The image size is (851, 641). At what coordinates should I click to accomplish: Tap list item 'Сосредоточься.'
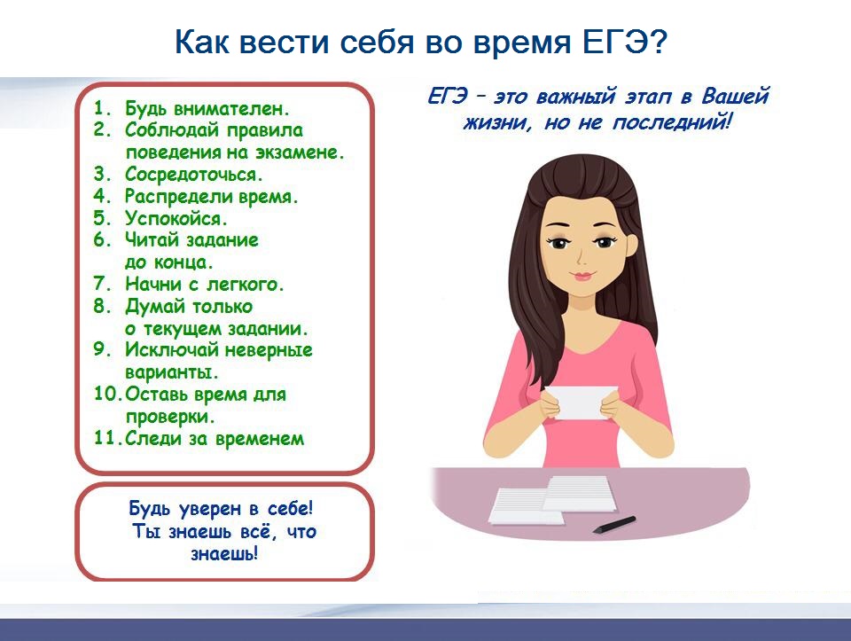pyautogui.click(x=194, y=175)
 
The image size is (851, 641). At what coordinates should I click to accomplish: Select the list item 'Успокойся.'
pyautogui.click(x=176, y=218)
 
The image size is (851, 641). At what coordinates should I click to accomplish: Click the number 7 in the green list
pyautogui.click(x=102, y=284)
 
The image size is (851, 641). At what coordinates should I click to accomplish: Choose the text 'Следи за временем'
pyautogui.click(x=215, y=438)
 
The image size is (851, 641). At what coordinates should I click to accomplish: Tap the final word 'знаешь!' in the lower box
pyautogui.click(x=224, y=553)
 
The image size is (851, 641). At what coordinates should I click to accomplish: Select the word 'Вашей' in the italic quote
pyautogui.click(x=736, y=96)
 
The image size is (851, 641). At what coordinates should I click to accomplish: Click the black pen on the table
pyautogui.click(x=613, y=525)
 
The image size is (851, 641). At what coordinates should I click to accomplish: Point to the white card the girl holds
pyautogui.click(x=580, y=403)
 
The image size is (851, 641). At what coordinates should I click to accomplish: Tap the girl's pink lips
pyautogui.click(x=582, y=276)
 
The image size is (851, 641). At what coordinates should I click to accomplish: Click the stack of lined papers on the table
pyautogui.click(x=552, y=499)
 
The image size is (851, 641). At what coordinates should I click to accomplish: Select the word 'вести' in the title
pyautogui.click(x=284, y=42)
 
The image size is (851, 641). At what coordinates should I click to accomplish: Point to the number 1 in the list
pyautogui.click(x=100, y=107)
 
